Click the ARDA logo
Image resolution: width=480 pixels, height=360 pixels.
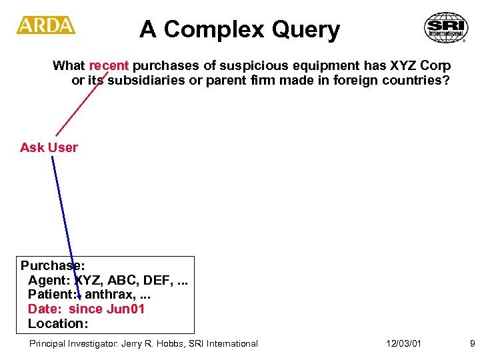(45, 25)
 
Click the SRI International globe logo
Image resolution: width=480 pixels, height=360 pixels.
(446, 28)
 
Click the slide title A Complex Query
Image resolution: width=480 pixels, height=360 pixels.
(239, 30)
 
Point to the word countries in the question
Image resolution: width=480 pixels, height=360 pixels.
(420, 81)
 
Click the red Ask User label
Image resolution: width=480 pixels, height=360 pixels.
(49, 147)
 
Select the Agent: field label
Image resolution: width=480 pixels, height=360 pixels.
(49, 279)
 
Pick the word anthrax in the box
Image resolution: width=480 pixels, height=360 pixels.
(109, 294)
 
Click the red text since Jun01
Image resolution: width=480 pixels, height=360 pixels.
(107, 309)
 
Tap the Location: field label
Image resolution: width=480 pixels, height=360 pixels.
(58, 323)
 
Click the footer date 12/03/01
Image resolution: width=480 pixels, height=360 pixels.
(403, 343)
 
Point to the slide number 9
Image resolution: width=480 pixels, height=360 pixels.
(472, 343)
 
